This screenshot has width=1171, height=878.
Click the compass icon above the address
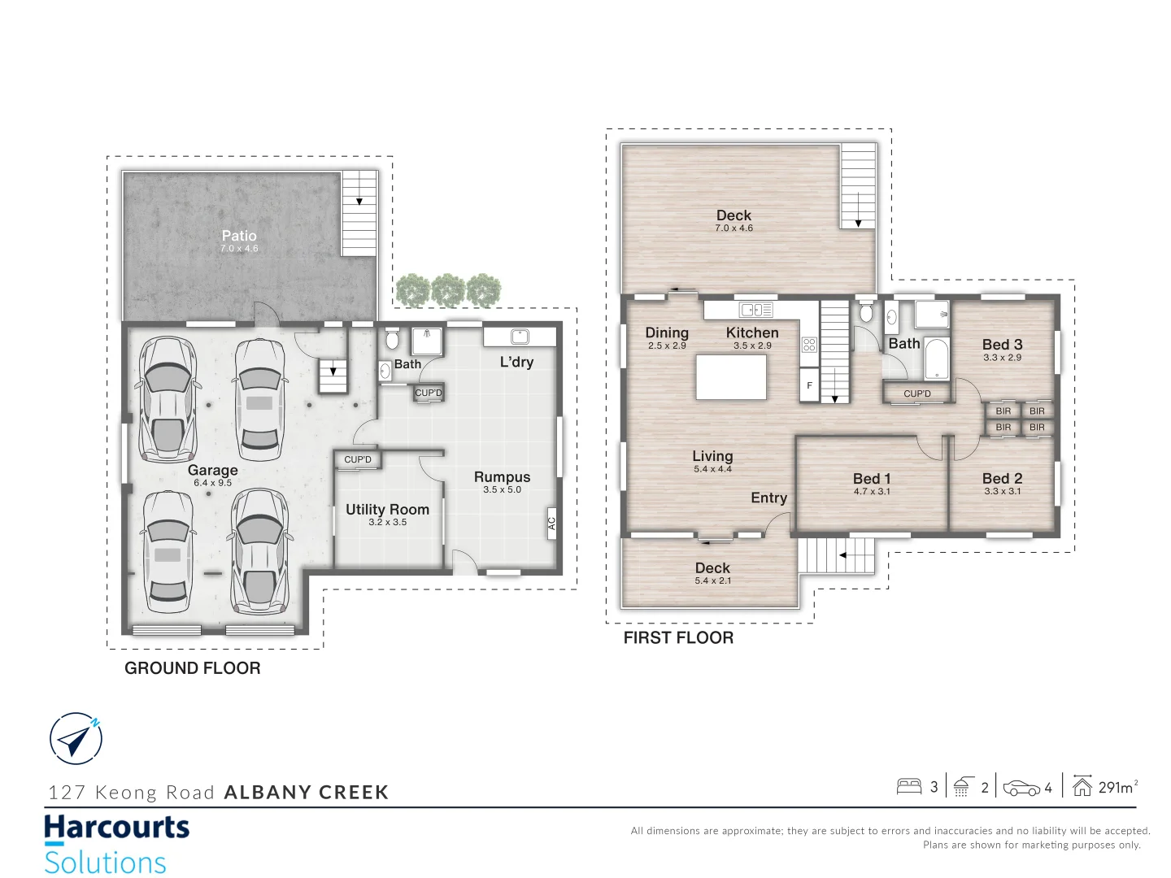pos(76,739)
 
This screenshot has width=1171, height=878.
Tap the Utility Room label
pos(387,510)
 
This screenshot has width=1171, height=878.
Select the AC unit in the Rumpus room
pos(551,524)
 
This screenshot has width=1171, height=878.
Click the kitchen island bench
pos(731,377)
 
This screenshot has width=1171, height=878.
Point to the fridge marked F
pos(809,385)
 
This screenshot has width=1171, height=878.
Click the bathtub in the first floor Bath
pos(936,359)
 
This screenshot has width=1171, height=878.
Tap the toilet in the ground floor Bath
pos(392,338)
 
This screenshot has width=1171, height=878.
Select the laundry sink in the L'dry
pos(520,337)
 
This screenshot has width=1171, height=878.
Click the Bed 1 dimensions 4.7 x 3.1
pos(872,491)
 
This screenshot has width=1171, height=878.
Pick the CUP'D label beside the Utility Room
pos(358,459)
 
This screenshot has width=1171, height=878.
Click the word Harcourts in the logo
pos(116,828)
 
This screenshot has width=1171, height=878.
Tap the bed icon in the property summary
pos(908,786)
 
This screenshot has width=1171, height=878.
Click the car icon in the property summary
pos(1021,788)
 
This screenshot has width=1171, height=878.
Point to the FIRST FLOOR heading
pos(678,638)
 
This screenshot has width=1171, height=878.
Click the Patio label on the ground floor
pos(239,236)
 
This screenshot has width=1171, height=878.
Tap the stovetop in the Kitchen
pos(809,344)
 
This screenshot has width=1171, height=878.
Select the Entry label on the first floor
pos(768,498)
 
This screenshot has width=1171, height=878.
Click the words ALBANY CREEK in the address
pos(307,793)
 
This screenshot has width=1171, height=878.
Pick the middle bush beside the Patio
pos(448,290)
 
